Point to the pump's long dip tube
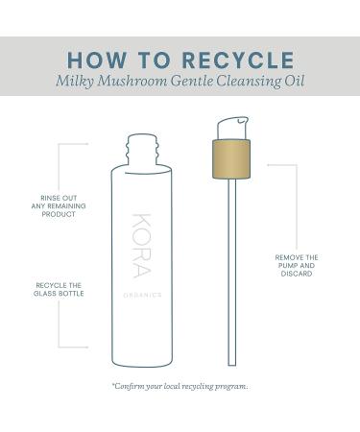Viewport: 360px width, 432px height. click(x=231, y=269)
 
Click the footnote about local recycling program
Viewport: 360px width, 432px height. click(x=180, y=385)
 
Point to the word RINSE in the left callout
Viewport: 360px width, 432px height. click(x=40, y=198)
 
